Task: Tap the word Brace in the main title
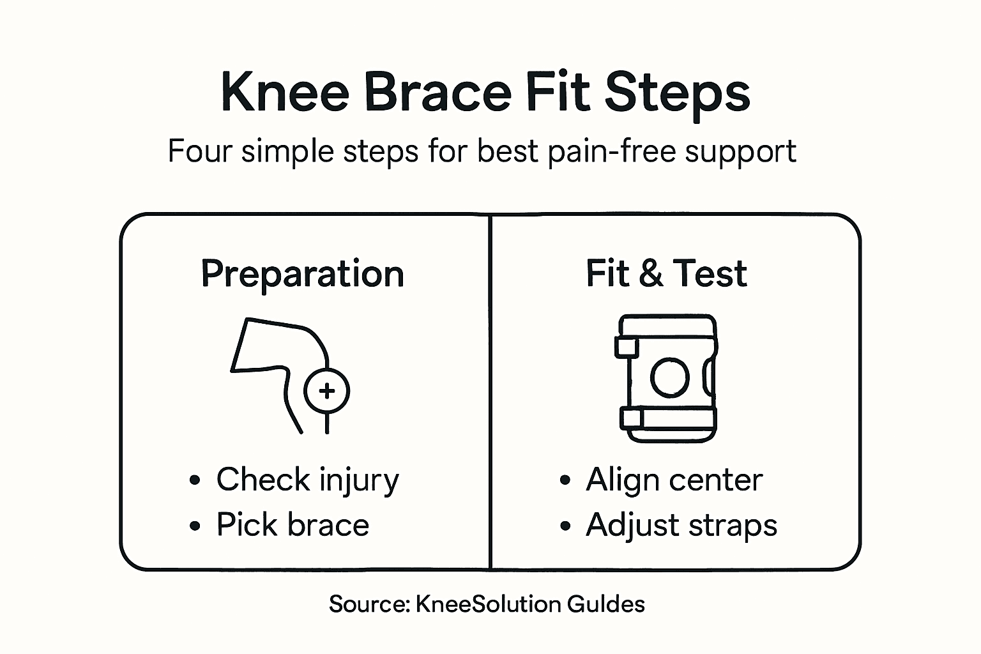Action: (437, 93)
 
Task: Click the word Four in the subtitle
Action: (199, 152)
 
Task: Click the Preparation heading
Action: (302, 275)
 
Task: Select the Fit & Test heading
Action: (666, 273)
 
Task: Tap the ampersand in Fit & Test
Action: (650, 274)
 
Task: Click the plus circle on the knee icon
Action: (327, 391)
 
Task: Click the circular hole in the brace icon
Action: (669, 377)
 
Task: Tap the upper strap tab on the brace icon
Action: (627, 347)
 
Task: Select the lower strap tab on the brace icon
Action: (631, 418)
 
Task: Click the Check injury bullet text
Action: (307, 480)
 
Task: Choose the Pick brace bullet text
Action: (293, 525)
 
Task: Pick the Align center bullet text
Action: (674, 480)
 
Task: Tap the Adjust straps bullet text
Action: (681, 526)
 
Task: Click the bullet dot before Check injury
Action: (195, 481)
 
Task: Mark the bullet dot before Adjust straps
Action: (565, 526)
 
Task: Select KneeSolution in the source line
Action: (488, 604)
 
